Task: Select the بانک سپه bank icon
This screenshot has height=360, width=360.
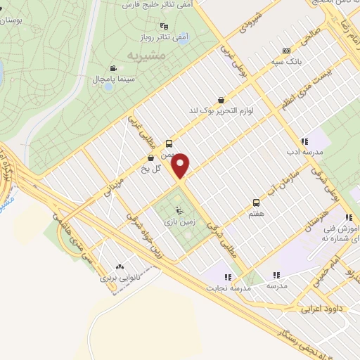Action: click(285, 51)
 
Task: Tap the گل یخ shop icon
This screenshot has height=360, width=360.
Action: click(151, 157)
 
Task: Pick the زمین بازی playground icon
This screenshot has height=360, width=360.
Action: click(179, 210)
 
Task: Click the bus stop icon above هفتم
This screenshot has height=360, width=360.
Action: click(255, 201)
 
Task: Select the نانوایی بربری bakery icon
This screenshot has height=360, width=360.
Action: click(119, 267)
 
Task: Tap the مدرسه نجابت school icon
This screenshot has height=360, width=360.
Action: click(226, 276)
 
